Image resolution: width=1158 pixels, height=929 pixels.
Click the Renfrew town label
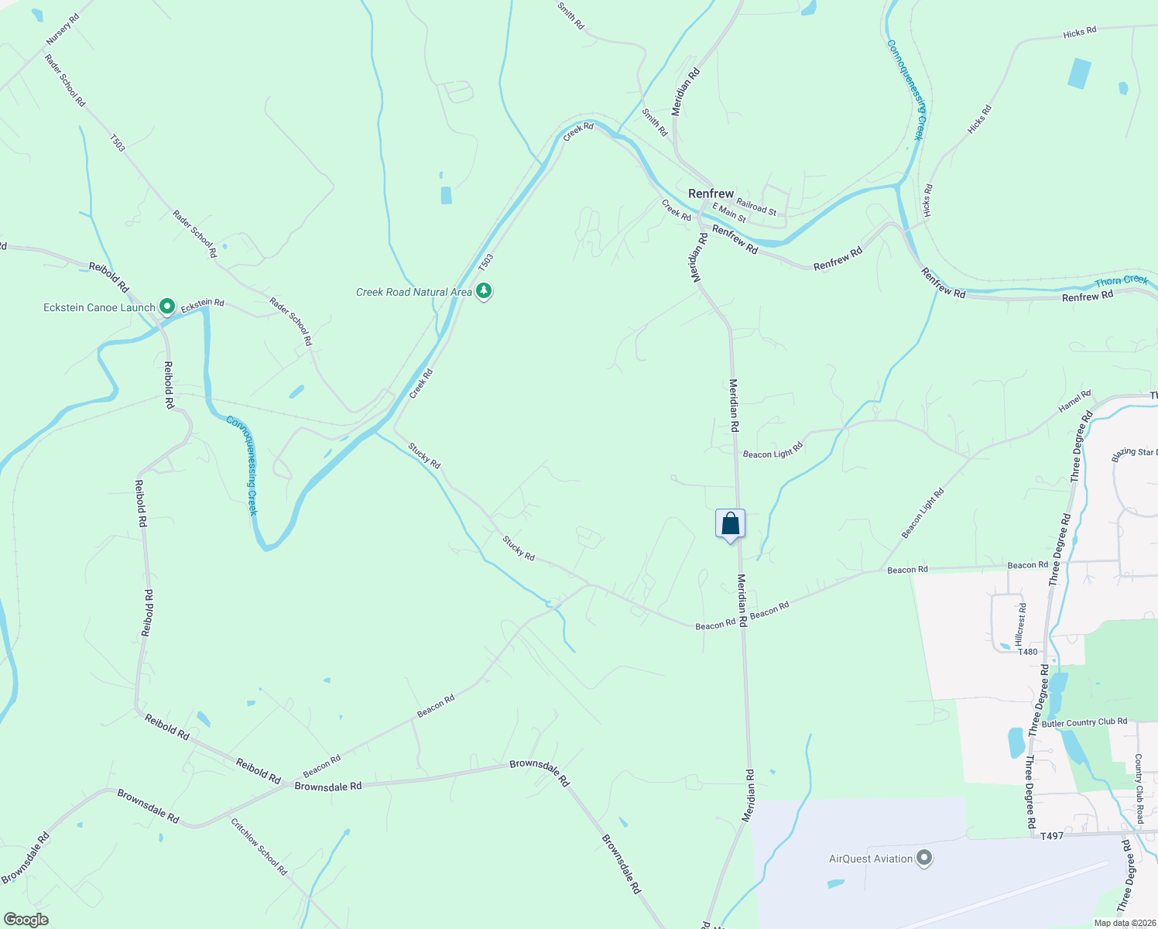point(711,194)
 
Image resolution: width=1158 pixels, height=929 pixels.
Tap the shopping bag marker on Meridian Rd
point(730,525)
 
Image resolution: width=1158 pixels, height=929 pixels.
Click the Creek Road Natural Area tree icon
point(484,291)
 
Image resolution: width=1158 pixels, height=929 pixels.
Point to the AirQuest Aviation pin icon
point(924,858)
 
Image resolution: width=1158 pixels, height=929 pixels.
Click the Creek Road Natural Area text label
point(413,292)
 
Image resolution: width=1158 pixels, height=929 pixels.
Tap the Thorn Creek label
point(1122,281)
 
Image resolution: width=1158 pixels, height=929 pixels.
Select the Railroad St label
point(756,206)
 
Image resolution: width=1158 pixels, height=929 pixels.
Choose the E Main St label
point(729,212)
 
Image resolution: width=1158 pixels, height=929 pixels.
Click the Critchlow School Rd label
point(259,847)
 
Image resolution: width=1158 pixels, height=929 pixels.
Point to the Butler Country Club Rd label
point(1084,722)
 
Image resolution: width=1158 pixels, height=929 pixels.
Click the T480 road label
point(1027,652)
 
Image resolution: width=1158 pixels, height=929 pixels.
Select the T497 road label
point(1051,836)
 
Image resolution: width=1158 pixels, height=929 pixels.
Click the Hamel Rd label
point(1074,402)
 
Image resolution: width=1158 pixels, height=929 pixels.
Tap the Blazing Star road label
point(1134,454)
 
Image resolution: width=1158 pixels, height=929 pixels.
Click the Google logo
point(26,920)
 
